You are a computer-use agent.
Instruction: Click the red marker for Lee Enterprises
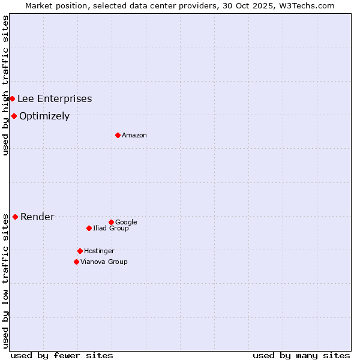pos(12,98)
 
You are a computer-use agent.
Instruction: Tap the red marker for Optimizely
pos(14,116)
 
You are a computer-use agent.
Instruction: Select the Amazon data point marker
pos(118,135)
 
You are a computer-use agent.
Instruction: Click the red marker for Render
pos(15,217)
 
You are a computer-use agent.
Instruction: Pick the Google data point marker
pos(111,222)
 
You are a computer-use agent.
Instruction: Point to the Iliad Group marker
pos(89,228)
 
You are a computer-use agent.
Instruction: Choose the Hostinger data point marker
pos(80,251)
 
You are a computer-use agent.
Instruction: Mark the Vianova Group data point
pos(76,262)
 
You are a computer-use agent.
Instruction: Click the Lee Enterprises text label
pos(55,99)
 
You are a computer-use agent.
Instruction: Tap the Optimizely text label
pos(44,116)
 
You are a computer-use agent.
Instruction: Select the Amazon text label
pos(134,136)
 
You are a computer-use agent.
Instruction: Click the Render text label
pos(37,217)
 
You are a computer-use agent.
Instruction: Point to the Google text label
pos(126,223)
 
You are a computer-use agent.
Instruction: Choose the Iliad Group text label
pos(111,229)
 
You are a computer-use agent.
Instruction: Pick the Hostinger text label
pos(99,251)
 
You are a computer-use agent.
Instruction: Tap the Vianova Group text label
pos(104,262)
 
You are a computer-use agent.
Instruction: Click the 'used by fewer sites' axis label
pos(62,355)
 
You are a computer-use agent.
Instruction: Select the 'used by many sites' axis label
pos(301,355)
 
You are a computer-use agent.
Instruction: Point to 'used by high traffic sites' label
pos(5,85)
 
